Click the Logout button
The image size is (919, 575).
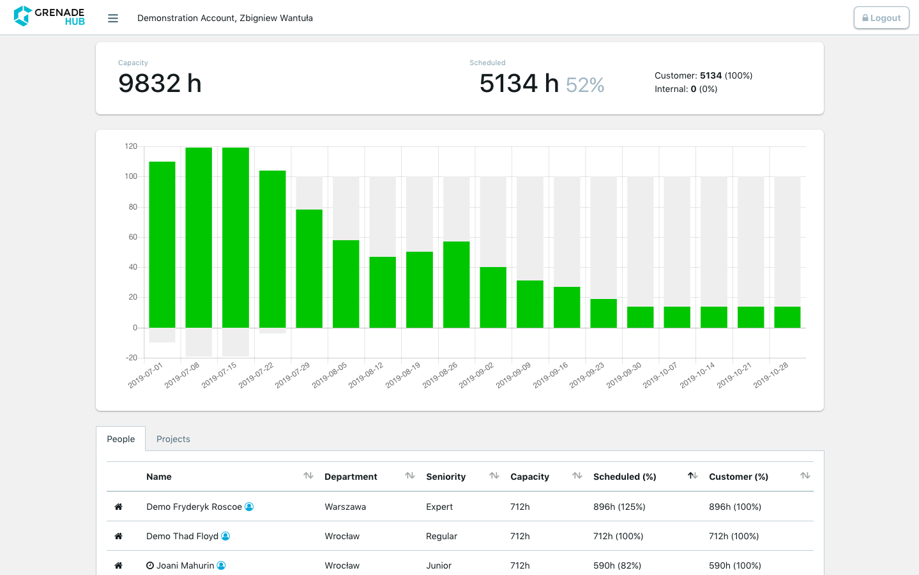click(881, 18)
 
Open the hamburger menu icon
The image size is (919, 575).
click(113, 19)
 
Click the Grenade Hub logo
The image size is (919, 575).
click(49, 17)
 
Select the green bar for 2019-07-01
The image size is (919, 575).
click(162, 245)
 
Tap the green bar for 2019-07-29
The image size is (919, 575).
click(309, 268)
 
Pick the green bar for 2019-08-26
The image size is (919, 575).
click(456, 284)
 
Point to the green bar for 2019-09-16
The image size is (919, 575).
click(566, 307)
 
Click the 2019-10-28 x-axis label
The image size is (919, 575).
click(771, 375)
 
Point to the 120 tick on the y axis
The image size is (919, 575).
click(131, 146)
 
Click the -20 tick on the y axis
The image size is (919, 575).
click(132, 358)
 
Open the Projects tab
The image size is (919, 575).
click(173, 439)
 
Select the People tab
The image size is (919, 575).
click(121, 439)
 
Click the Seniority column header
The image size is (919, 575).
click(446, 477)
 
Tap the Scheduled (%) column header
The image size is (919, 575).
click(625, 477)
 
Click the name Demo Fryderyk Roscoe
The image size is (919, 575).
click(194, 507)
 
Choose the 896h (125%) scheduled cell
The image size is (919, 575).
click(619, 507)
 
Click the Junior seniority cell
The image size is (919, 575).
click(439, 565)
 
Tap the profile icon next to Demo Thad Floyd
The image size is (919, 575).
click(225, 536)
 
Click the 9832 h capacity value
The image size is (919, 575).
click(160, 83)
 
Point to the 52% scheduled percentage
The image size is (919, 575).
click(585, 85)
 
